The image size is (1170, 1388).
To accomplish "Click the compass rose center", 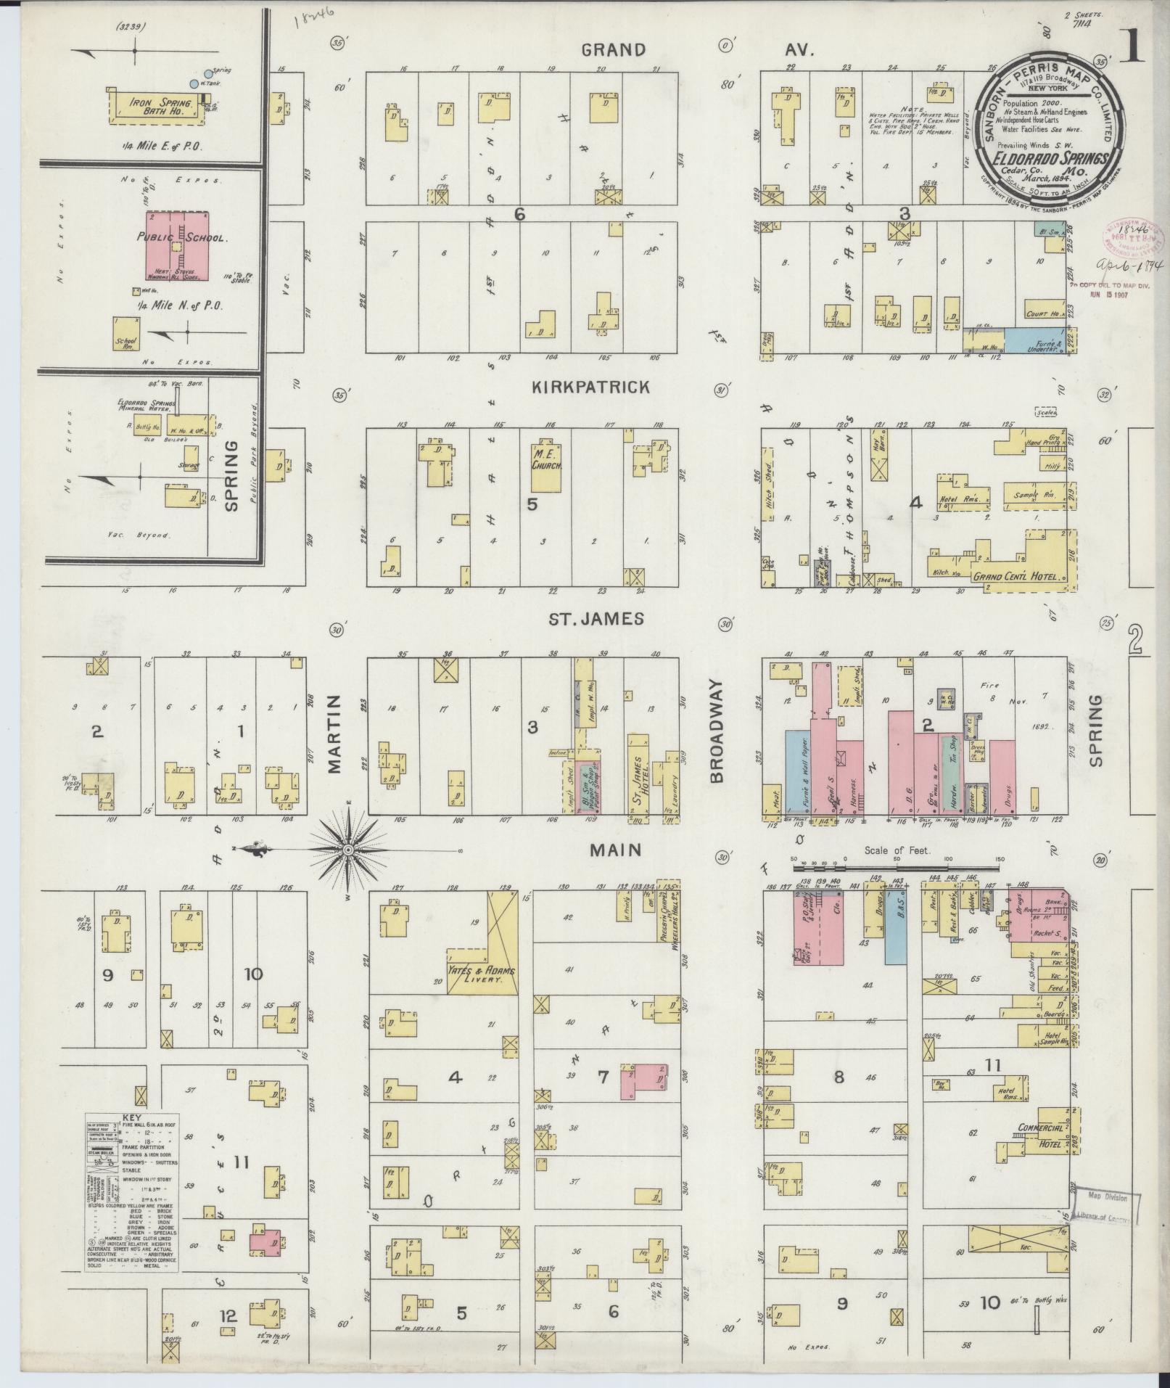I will [x=348, y=849].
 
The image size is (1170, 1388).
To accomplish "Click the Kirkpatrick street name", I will [x=591, y=387].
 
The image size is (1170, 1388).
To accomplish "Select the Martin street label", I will [x=334, y=734].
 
